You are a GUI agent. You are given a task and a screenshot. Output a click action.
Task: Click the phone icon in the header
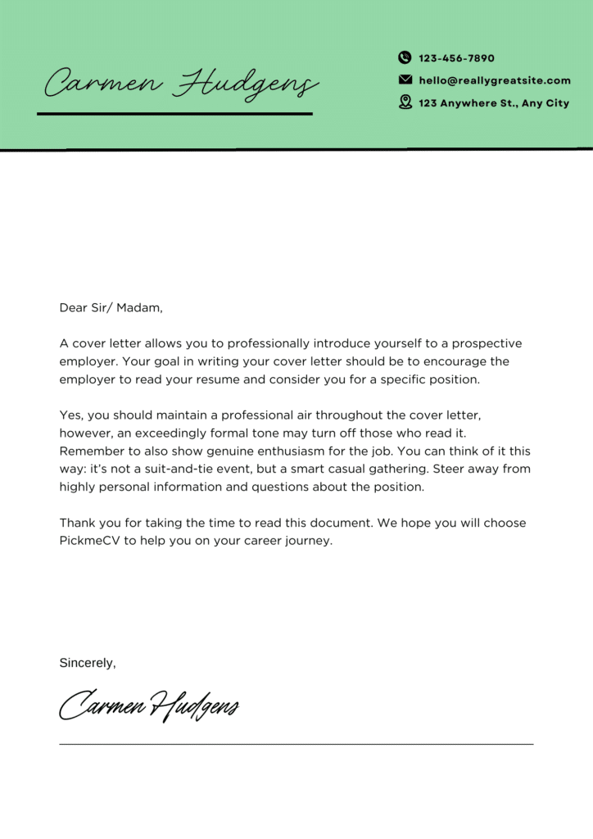click(405, 57)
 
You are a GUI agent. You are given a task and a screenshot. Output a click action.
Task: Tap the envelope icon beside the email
click(405, 80)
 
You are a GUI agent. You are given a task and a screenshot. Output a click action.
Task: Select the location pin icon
click(405, 102)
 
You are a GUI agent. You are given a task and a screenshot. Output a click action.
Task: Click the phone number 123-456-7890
click(456, 58)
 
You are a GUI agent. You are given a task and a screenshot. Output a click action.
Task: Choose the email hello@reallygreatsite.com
click(495, 80)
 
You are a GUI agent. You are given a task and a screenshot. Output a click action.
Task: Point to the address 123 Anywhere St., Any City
click(494, 103)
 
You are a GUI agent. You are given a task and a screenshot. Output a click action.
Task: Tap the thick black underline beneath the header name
click(174, 113)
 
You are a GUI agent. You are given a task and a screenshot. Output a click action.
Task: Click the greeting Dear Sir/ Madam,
click(111, 308)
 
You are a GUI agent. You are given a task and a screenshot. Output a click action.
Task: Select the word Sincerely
click(87, 663)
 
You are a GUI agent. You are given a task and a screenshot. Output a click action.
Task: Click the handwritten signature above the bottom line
click(149, 705)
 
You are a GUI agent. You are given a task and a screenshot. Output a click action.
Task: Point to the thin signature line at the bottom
click(296, 744)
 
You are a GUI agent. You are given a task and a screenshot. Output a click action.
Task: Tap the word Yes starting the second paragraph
click(71, 415)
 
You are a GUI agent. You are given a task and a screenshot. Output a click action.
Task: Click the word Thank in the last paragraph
click(77, 523)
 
